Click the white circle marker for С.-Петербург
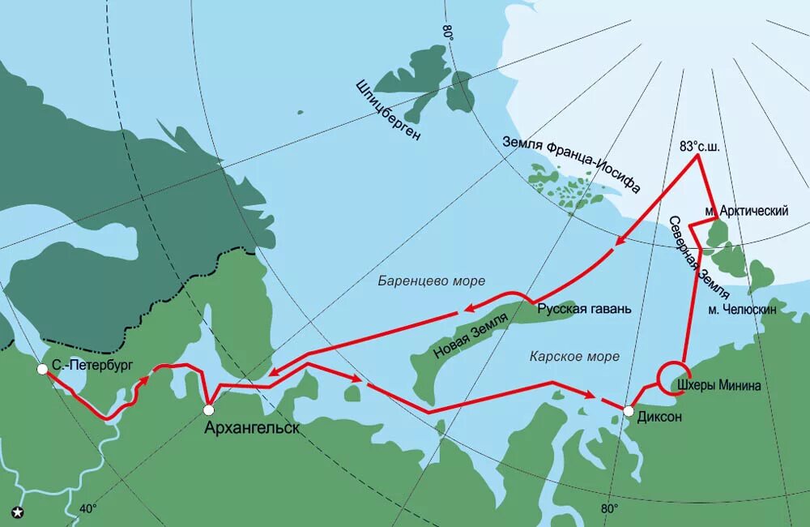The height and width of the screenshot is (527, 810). tap(42, 369)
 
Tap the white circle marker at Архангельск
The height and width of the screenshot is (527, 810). tap(209, 409)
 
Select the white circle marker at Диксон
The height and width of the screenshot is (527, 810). tap(628, 412)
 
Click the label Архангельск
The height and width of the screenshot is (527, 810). tap(251, 427)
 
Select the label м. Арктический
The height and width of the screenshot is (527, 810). tap(746, 211)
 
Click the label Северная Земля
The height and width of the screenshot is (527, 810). tap(698, 258)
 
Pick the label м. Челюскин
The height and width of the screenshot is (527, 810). tap(742, 310)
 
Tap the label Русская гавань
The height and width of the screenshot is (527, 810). tap(584, 309)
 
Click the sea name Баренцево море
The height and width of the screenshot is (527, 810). tap(431, 281)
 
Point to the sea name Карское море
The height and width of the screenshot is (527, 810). tap(574, 356)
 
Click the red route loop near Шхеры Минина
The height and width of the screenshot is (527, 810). tap(674, 378)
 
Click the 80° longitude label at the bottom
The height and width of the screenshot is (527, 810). tap(609, 508)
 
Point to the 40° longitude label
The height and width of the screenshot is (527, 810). tap(87, 509)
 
